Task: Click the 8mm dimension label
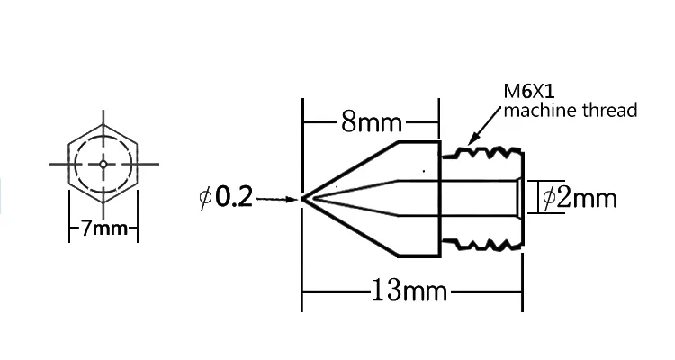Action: (x=372, y=121)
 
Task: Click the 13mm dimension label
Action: (x=409, y=290)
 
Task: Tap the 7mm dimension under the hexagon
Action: (x=104, y=229)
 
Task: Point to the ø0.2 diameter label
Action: (x=226, y=198)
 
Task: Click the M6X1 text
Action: (x=529, y=91)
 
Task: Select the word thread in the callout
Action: (x=609, y=110)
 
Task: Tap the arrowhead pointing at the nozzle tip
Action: (x=293, y=200)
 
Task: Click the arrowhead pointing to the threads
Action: (x=472, y=139)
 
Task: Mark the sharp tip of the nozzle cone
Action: (x=303, y=199)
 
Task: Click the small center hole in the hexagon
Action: (x=103, y=164)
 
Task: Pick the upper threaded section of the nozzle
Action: (x=482, y=153)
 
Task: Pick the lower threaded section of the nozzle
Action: (x=482, y=245)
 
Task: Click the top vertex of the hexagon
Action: (x=103, y=124)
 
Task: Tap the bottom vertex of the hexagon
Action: (x=103, y=203)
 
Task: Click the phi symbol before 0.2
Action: (x=206, y=198)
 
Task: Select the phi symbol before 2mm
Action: (x=548, y=199)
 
